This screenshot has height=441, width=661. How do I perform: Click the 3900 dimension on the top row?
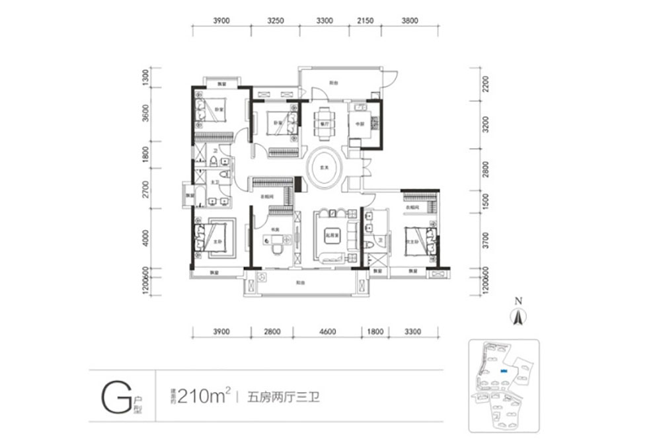[221, 20]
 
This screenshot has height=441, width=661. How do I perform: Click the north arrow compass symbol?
[519, 317]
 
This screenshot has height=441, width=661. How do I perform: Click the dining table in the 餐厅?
[324, 123]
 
